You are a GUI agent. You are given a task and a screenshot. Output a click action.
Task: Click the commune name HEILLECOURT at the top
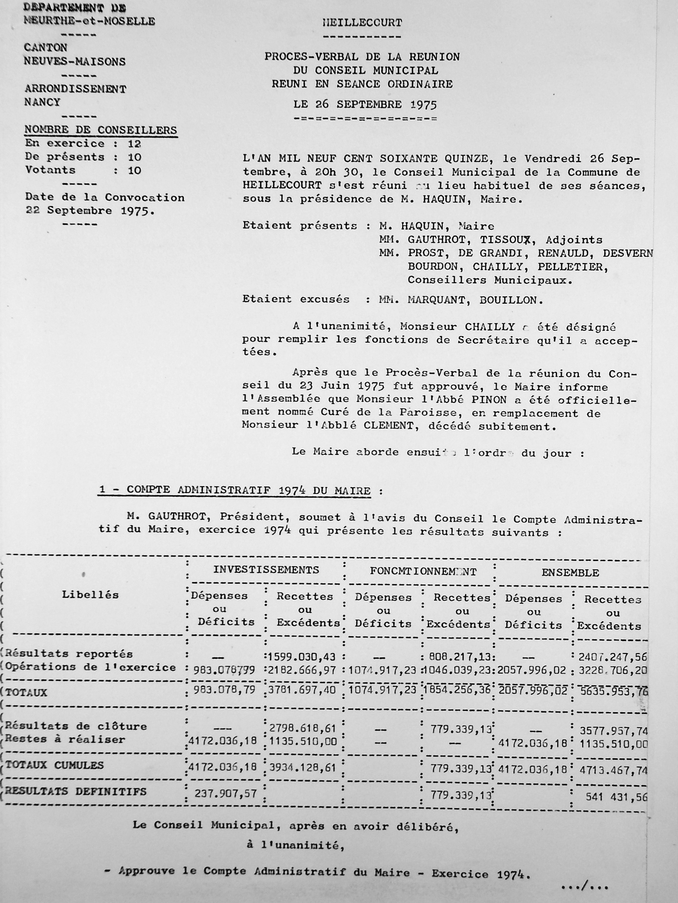[362, 23]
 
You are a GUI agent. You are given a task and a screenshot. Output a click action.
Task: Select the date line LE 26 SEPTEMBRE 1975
[365, 105]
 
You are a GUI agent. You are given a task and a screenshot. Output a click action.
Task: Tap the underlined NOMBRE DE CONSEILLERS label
[101, 130]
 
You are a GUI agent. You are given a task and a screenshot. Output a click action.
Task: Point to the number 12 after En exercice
[134, 144]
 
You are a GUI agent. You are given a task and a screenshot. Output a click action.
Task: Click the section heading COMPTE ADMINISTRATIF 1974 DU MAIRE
[248, 490]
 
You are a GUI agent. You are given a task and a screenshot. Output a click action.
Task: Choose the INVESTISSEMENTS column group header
[266, 569]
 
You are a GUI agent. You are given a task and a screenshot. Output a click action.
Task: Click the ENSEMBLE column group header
[570, 573]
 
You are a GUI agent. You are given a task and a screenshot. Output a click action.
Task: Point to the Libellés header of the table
[90, 595]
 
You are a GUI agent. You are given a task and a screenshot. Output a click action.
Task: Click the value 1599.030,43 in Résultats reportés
[302, 657]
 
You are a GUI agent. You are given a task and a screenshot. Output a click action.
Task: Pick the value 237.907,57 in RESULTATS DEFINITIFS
[225, 793]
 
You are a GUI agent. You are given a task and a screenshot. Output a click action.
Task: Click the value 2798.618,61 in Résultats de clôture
[302, 729]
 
